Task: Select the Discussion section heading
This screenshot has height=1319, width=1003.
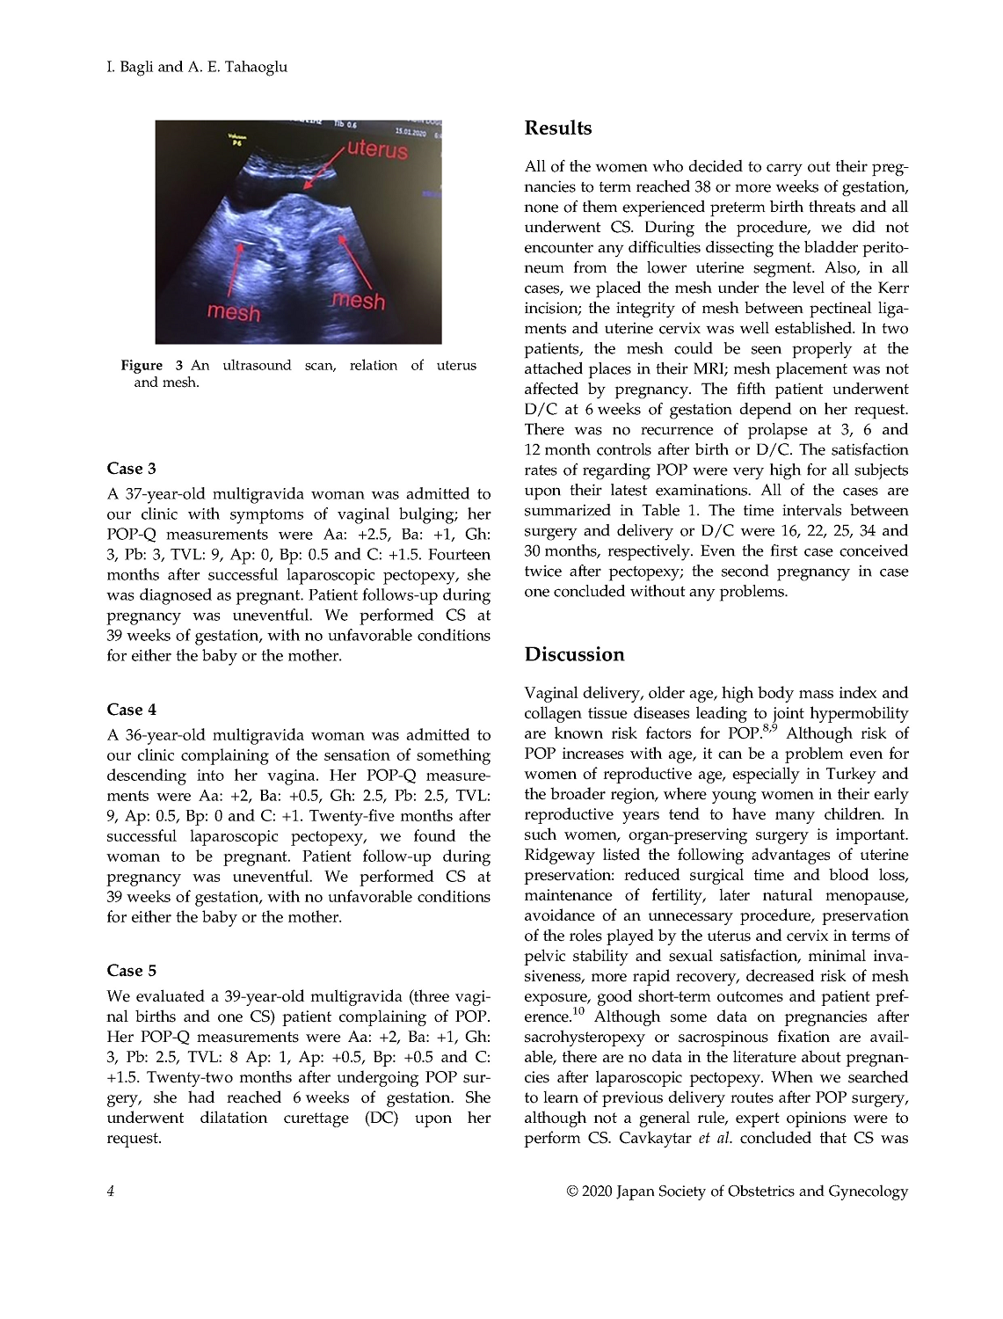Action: [574, 654]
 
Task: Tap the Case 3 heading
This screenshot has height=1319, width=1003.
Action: [132, 469]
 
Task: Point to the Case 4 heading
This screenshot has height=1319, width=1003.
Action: [132, 710]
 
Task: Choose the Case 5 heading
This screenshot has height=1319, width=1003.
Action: [132, 971]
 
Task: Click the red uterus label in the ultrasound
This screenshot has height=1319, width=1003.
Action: [377, 149]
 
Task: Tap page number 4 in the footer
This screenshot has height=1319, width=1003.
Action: [111, 1191]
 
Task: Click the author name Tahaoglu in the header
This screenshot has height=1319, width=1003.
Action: [248, 67]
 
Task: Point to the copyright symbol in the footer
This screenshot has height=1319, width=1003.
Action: [572, 1191]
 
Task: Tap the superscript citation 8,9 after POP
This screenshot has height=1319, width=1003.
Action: [769, 728]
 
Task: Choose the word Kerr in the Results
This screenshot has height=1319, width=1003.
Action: [893, 288]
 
